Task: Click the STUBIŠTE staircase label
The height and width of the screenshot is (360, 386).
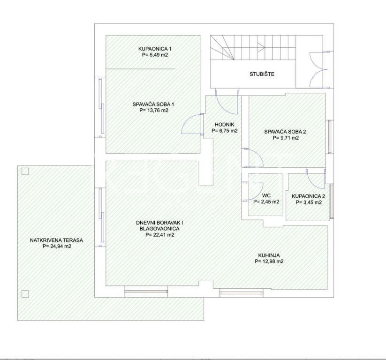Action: click(x=262, y=74)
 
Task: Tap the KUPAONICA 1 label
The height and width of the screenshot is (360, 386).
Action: click(x=155, y=49)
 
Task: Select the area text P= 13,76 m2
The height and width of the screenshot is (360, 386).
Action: click(x=154, y=111)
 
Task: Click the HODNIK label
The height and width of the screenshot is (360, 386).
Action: click(x=224, y=125)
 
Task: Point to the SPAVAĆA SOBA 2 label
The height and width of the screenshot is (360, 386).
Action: click(x=285, y=132)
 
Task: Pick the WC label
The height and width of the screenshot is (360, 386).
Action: click(x=266, y=195)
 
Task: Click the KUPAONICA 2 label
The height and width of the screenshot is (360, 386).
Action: click(x=308, y=196)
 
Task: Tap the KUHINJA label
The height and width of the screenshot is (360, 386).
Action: click(x=269, y=255)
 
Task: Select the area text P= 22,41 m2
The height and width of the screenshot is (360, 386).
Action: click(x=160, y=235)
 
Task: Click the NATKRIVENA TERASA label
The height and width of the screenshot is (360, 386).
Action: click(x=56, y=240)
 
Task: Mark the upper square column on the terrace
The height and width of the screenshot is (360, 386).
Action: click(x=25, y=171)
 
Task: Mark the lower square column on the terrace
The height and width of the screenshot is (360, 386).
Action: click(x=25, y=294)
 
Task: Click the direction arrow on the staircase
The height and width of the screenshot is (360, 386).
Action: click(x=261, y=46)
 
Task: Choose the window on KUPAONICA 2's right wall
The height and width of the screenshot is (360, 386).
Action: click(x=332, y=201)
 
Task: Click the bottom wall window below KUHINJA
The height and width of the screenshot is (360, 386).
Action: click(x=241, y=293)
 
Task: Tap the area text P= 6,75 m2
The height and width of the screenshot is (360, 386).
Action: click(x=225, y=131)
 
